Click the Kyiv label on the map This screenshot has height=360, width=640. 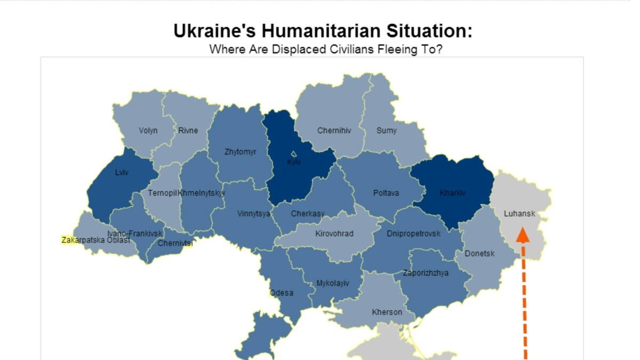[294, 162]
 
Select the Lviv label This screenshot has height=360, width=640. [122, 173]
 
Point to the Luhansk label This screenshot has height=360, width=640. [519, 214]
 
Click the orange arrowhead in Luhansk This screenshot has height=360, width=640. [523, 235]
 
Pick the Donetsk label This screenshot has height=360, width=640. [479, 253]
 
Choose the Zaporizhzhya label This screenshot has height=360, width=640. [426, 273]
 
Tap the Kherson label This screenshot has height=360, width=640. [387, 312]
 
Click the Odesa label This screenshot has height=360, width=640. [282, 293]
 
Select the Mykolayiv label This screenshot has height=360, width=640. [332, 283]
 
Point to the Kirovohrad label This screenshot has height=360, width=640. [334, 234]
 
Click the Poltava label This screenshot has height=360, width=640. [386, 193]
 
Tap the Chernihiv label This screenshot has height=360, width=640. [334, 131]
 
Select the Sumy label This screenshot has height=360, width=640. [386, 131]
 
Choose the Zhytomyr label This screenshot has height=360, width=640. [240, 152]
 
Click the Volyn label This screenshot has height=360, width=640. [148, 131]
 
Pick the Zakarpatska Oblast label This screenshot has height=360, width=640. [96, 240]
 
